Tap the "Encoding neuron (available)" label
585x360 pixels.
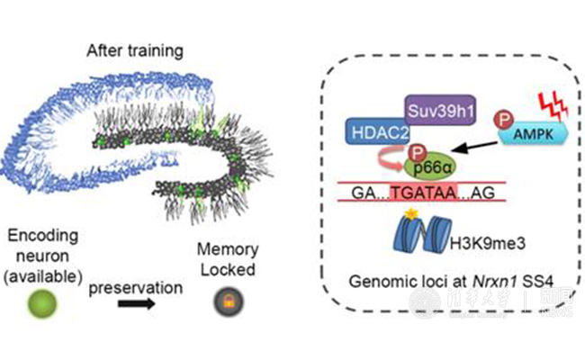click(49, 251)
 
